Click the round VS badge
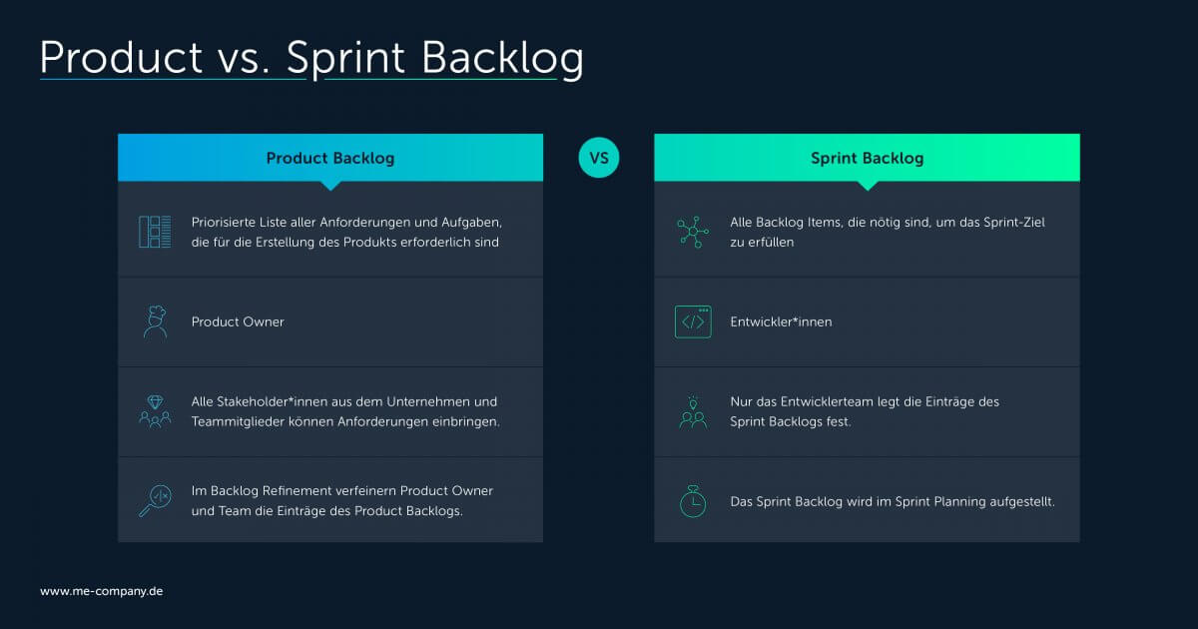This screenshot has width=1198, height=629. point(599,158)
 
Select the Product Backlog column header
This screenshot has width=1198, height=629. point(329,158)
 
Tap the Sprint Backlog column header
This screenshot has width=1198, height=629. point(867,158)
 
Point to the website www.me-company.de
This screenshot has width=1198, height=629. point(101,591)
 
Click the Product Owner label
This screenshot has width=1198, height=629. point(238,321)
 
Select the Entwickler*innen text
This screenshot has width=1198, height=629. point(781,321)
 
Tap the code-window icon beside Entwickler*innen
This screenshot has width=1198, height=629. point(693,321)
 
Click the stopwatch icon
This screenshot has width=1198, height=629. point(693,501)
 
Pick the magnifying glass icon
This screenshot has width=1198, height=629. point(155,500)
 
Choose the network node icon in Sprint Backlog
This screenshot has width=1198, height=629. point(693,232)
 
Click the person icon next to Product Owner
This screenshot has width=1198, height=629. point(155,321)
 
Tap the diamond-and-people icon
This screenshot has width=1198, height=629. point(155,411)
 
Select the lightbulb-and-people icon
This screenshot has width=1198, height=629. point(693,411)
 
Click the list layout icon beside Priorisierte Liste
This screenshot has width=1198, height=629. point(155,232)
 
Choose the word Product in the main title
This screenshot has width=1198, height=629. point(121,58)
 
